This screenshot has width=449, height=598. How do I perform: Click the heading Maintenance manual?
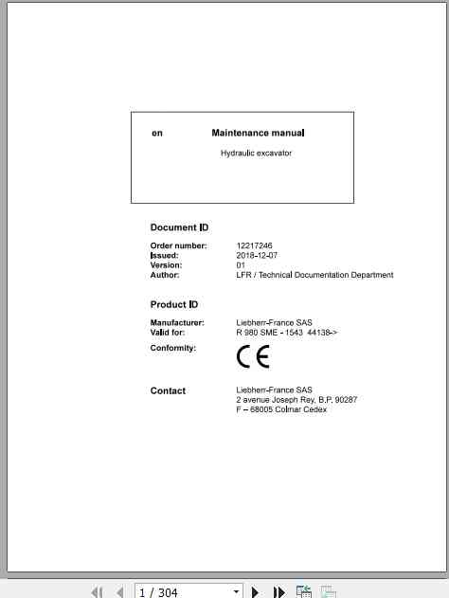pyautogui.click(x=258, y=134)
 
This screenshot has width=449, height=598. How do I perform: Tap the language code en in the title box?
pyautogui.click(x=157, y=134)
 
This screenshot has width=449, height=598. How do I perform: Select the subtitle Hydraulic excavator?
pyautogui.click(x=256, y=153)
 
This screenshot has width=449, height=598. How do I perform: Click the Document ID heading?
pyautogui.click(x=179, y=227)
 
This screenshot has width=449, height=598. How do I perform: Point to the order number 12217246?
pyautogui.click(x=254, y=246)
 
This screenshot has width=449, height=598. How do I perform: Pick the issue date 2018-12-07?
pyautogui.click(x=257, y=256)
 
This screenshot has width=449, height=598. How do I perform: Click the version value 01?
pyautogui.click(x=241, y=265)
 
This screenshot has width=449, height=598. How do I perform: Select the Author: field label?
pyautogui.click(x=165, y=275)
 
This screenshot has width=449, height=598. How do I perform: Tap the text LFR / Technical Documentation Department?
pyautogui.click(x=314, y=275)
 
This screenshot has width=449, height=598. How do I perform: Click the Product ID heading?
pyautogui.click(x=174, y=305)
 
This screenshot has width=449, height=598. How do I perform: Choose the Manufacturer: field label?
pyautogui.click(x=177, y=323)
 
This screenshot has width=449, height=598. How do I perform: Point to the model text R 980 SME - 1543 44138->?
pyautogui.click(x=286, y=333)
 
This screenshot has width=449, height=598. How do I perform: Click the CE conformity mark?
pyautogui.click(x=253, y=356)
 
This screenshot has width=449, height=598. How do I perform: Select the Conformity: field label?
pyautogui.click(x=173, y=348)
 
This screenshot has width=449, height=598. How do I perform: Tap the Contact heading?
pyautogui.click(x=168, y=390)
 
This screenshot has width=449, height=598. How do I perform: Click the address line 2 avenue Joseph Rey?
pyautogui.click(x=296, y=400)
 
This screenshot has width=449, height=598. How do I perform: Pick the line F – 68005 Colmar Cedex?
pyautogui.click(x=281, y=409)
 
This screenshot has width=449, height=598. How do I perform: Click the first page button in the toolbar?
pyautogui.click(x=97, y=591)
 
